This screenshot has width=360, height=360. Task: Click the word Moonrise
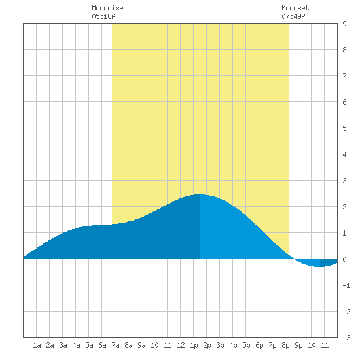pos(107,8)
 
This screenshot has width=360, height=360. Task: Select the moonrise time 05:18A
pos(103,16)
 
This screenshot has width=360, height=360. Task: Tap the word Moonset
pos(295,8)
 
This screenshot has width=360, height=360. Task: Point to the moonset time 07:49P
pos(293,16)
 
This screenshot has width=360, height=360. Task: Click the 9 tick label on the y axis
pos(344,24)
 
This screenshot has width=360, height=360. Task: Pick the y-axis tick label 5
pos(344,128)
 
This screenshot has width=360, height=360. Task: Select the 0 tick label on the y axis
pos(344,259)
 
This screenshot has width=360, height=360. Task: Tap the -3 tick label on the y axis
pos(346,338)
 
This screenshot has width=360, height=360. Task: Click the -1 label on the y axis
pos(346,285)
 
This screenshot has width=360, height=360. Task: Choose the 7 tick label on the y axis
pos(344,76)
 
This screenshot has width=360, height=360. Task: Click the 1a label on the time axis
pos(37,345)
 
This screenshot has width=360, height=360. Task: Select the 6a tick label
pos(102,345)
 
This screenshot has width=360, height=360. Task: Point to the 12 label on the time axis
pos(181,345)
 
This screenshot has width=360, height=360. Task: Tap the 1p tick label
pos(194,345)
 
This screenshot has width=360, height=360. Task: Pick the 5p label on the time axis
pos(246,345)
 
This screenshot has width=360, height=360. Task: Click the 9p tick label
pos(298,345)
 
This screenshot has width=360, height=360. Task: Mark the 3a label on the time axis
pos(63,345)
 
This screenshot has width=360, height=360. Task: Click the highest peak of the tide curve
pos(200,194)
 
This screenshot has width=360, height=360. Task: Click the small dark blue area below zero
pos(328,262)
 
